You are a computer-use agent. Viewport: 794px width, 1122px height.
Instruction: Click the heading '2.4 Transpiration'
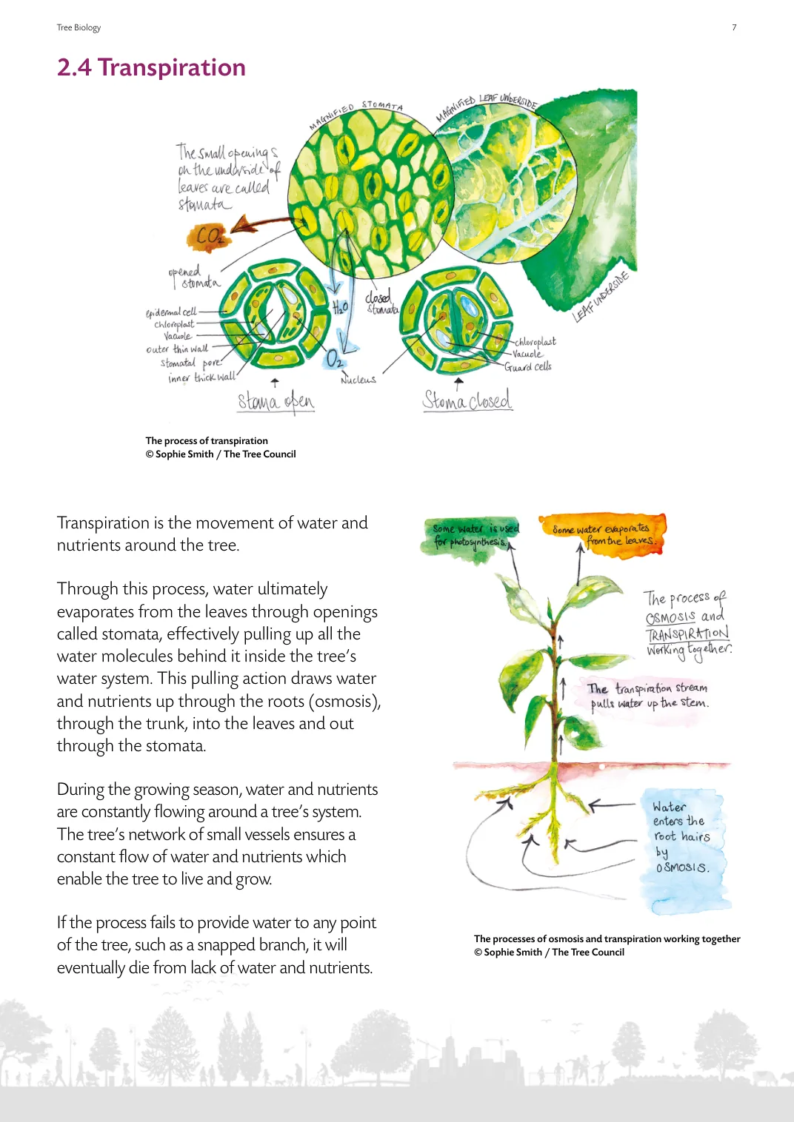click(151, 67)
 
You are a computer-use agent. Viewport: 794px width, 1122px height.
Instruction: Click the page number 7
click(734, 27)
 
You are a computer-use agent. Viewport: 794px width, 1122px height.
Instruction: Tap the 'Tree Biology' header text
click(79, 27)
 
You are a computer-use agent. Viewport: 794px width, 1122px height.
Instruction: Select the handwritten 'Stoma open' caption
click(276, 402)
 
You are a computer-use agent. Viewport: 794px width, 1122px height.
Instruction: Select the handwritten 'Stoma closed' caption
click(467, 400)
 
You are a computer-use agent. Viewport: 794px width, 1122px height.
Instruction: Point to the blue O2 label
click(335, 359)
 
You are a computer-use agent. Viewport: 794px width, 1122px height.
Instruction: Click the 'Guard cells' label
click(528, 366)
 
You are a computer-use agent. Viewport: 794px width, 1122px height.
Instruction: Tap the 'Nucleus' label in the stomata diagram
click(358, 380)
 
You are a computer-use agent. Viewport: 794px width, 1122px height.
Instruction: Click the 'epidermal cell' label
click(171, 312)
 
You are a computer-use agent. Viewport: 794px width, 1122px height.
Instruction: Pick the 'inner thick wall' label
click(201, 377)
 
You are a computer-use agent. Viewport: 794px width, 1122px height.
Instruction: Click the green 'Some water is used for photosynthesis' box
click(475, 535)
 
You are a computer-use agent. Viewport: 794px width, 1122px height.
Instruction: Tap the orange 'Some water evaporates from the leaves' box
click(602, 534)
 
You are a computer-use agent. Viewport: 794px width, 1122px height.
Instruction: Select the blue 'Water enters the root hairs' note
click(681, 837)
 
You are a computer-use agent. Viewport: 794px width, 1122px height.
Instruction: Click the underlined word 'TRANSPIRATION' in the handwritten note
click(687, 634)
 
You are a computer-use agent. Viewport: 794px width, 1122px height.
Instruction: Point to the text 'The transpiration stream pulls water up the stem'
click(648, 695)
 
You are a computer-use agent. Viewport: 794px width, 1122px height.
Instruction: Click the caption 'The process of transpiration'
click(207, 440)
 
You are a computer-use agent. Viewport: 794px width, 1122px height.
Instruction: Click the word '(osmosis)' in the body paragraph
click(344, 701)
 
